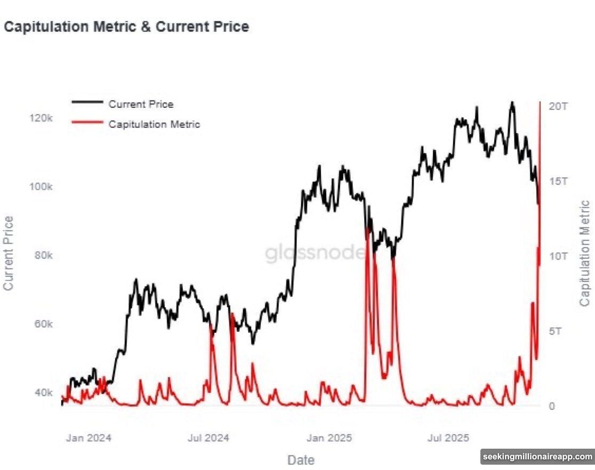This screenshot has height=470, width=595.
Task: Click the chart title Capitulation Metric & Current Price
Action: pos(126,27)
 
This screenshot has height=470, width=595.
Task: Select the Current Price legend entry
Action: pos(141,105)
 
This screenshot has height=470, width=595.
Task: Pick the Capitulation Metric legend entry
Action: pos(154,124)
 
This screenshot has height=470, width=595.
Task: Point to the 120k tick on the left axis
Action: pos(42,118)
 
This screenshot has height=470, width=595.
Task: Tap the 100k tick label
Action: pos(42,187)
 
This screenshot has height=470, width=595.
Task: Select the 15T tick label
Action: pos(558,181)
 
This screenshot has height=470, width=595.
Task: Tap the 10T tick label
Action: pos(558,256)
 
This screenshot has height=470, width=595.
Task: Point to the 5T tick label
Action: pos(556,331)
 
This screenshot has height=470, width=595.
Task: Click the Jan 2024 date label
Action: pos(89,438)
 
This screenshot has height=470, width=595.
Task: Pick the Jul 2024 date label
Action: pos(208,438)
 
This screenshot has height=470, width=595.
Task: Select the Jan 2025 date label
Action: pos(329,438)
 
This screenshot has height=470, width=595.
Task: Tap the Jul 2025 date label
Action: pos(449,438)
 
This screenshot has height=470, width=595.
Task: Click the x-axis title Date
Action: pos(301,459)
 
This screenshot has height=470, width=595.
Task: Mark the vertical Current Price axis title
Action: pos(9,253)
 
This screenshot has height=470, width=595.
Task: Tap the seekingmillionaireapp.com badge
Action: pos(538,457)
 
